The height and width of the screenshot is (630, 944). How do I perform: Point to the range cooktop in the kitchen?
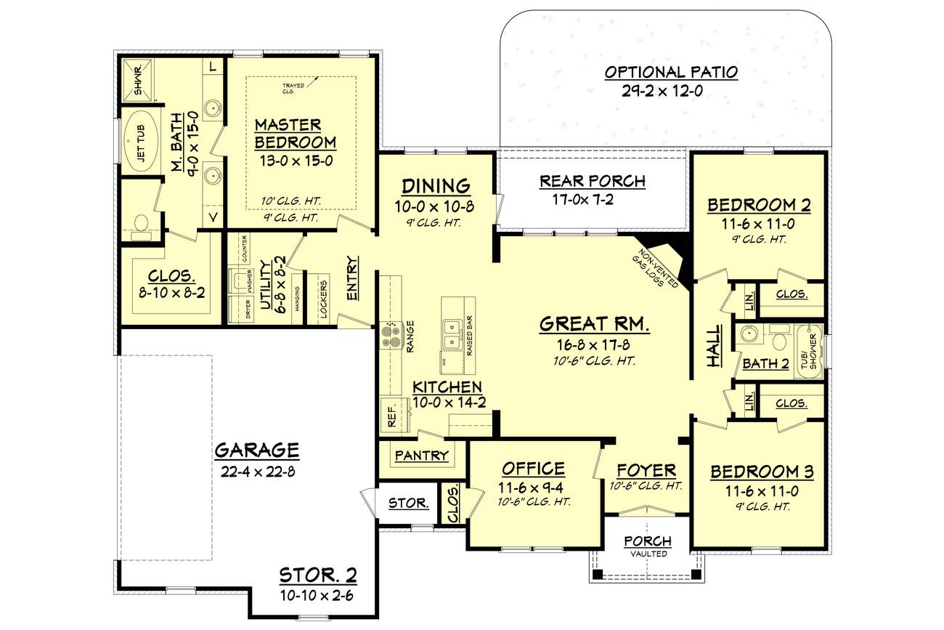pyautogui.click(x=391, y=335)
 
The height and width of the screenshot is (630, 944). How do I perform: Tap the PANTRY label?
pyautogui.click(x=421, y=456)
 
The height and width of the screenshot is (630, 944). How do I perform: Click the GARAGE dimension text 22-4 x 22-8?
pyautogui.click(x=256, y=470)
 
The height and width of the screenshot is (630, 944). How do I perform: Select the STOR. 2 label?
pyautogui.click(x=318, y=576)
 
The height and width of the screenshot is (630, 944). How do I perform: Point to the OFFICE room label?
pyautogui.click(x=533, y=469)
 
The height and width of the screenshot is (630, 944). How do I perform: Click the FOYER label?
pyautogui.click(x=646, y=470)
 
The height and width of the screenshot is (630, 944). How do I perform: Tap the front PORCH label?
pyautogui.click(x=648, y=541)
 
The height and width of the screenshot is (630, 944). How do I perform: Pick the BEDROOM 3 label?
pyautogui.click(x=762, y=472)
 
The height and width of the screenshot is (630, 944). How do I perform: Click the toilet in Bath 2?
pyautogui.click(x=779, y=340)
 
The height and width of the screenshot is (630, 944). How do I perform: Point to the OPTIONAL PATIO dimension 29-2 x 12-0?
pyautogui.click(x=671, y=91)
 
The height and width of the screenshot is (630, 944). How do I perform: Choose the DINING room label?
pyautogui.click(x=436, y=186)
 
